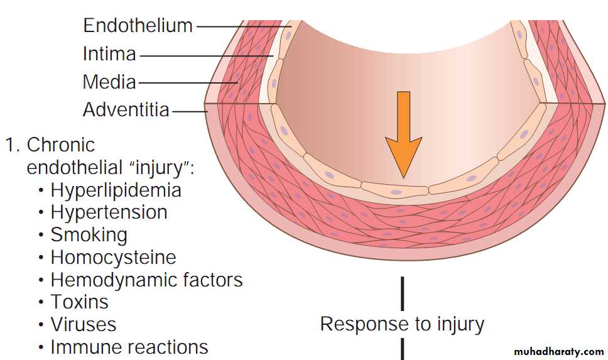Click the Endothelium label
(x=138, y=26)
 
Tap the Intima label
(x=109, y=54)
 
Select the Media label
(x=109, y=82)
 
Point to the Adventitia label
(x=126, y=110)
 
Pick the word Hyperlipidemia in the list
(x=116, y=190)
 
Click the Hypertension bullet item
(x=109, y=212)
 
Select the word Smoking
(x=89, y=234)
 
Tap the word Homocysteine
(x=113, y=257)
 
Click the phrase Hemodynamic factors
(x=146, y=280)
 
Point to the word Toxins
(x=79, y=302)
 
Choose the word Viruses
(x=83, y=324)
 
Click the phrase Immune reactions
(x=129, y=346)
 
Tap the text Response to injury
(x=402, y=324)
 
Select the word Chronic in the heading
(x=61, y=145)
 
